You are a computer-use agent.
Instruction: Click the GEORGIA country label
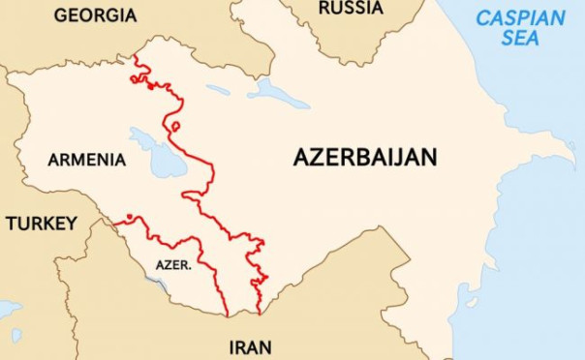(95, 15)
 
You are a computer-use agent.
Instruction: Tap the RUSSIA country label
(350, 9)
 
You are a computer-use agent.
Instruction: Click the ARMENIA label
(86, 160)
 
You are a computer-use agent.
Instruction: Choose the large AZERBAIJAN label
(365, 158)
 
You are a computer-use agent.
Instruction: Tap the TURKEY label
(41, 224)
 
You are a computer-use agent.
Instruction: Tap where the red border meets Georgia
(135, 57)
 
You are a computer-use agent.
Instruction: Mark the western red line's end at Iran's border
(227, 315)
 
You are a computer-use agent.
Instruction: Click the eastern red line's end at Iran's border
(260, 314)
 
